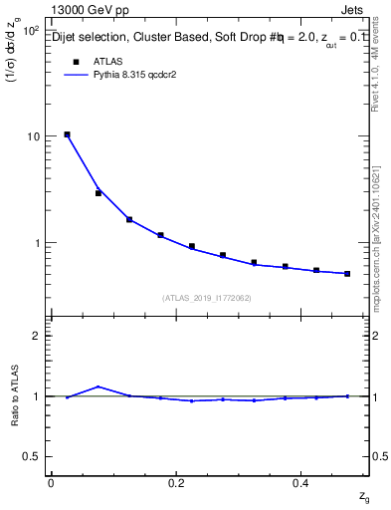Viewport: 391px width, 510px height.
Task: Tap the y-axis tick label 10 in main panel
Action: (x=32, y=136)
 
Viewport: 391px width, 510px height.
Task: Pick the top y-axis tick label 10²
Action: (x=31, y=31)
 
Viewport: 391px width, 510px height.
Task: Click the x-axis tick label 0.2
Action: (x=177, y=483)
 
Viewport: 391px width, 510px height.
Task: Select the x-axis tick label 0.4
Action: (x=303, y=483)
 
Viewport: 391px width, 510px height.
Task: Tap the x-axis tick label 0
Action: (x=51, y=483)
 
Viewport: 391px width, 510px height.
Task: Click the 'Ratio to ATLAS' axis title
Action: (x=14, y=396)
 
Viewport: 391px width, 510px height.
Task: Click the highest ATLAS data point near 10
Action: (x=67, y=134)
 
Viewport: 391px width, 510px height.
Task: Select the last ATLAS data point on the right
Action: (x=347, y=273)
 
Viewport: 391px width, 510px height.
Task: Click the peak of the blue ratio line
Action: (x=98, y=386)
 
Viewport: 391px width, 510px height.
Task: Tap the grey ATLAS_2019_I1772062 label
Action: (x=208, y=297)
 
